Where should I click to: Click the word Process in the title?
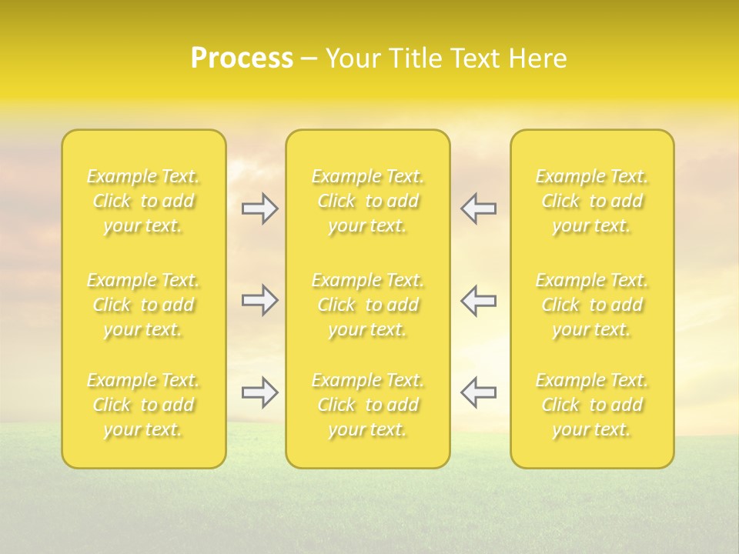(x=242, y=58)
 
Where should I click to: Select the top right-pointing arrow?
(x=260, y=209)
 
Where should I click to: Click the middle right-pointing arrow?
(x=260, y=300)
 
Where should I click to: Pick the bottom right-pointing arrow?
(x=260, y=392)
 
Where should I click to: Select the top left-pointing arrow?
(x=478, y=209)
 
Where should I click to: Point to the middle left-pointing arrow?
(x=478, y=300)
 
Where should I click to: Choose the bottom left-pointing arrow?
(x=478, y=392)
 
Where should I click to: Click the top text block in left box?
(x=143, y=201)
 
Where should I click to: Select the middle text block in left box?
(x=143, y=305)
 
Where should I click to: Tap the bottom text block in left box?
(x=143, y=405)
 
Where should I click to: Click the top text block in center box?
(x=368, y=201)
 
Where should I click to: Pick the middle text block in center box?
(x=368, y=305)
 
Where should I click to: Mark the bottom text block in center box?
(x=368, y=405)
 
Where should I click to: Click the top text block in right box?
(x=592, y=201)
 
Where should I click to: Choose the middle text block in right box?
(x=592, y=305)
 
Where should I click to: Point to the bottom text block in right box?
(x=592, y=405)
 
